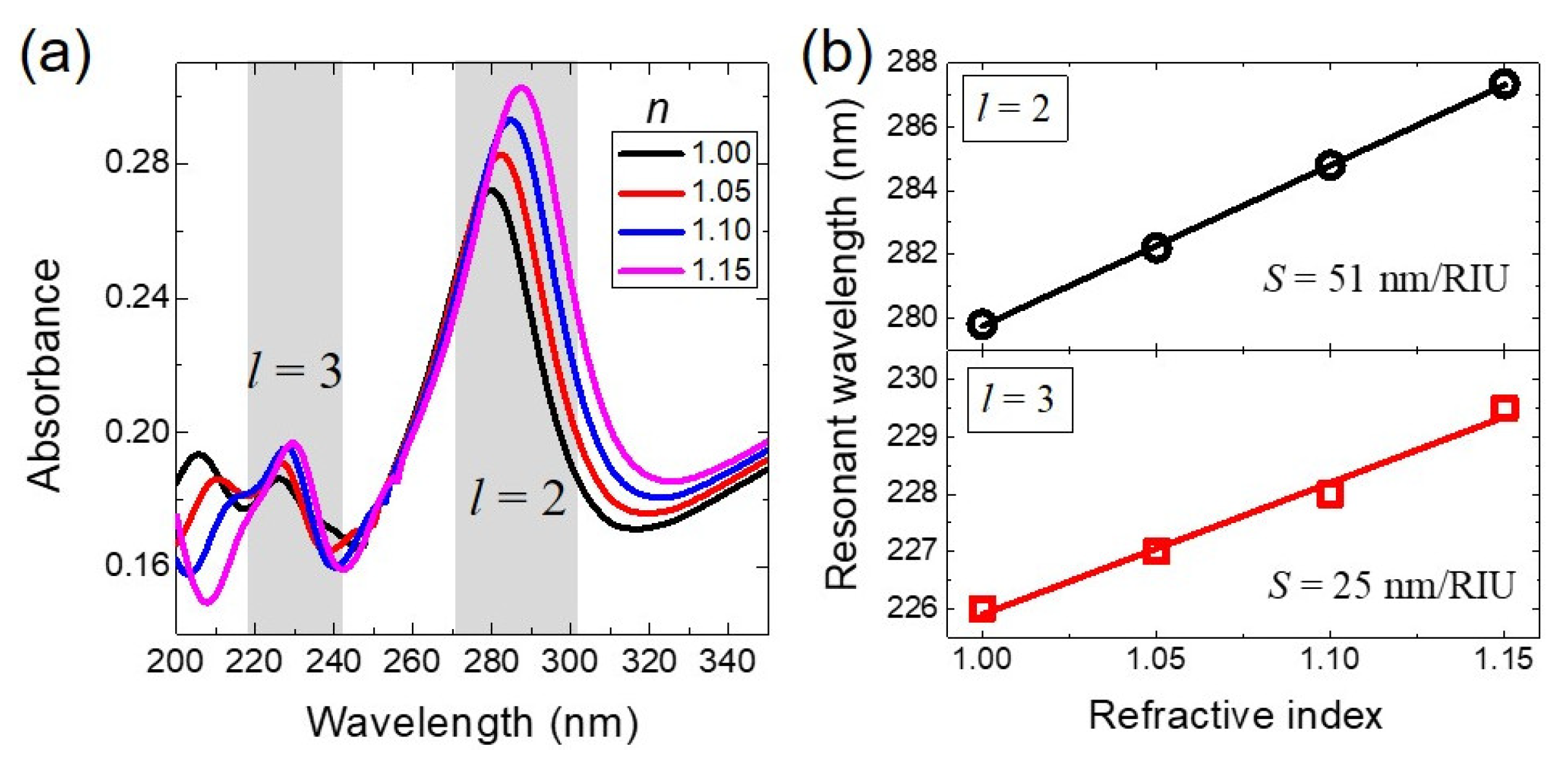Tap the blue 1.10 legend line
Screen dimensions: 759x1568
(650, 231)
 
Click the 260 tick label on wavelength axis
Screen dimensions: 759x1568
(411, 661)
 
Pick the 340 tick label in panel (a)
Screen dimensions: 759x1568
(728, 661)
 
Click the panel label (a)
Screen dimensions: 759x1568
(55, 55)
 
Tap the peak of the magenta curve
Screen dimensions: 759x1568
(522, 87)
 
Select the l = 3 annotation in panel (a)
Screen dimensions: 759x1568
(295, 372)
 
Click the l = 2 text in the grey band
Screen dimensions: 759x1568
(517, 498)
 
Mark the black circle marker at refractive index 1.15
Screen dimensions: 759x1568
(1505, 84)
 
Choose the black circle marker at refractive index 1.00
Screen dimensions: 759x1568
(982, 324)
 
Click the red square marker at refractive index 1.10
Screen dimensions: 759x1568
(1330, 495)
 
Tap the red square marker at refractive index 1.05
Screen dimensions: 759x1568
(1156, 551)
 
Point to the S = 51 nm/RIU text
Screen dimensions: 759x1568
(1386, 279)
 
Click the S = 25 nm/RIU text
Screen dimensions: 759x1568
(1391, 586)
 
